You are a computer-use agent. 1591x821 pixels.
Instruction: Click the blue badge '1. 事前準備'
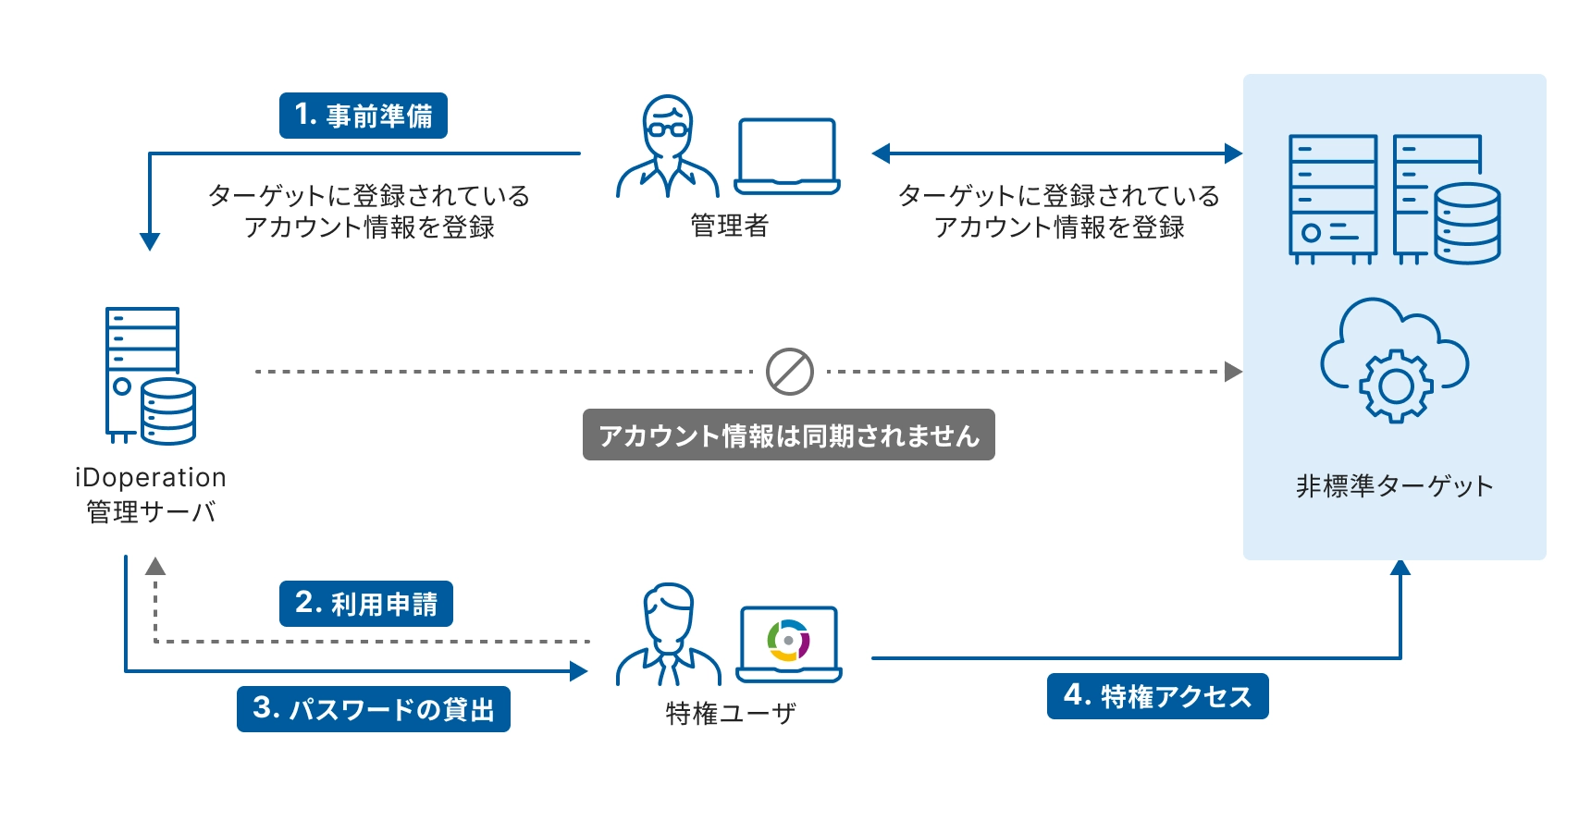coord(363,116)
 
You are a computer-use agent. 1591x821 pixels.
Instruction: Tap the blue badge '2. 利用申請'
coord(365,604)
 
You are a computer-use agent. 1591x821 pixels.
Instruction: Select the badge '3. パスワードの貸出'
coord(373,709)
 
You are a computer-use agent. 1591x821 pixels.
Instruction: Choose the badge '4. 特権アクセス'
coord(1157,696)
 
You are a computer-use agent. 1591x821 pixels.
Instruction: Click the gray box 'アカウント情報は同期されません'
coord(788,435)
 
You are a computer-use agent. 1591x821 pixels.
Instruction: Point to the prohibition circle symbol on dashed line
coord(789,372)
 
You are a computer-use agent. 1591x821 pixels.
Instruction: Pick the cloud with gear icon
coord(1394,361)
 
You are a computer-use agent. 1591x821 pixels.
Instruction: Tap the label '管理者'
coord(729,225)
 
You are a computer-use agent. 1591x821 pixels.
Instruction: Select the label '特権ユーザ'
coord(730,713)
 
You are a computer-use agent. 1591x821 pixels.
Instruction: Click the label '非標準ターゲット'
coord(1394,485)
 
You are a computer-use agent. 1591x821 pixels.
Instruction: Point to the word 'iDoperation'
coord(150,477)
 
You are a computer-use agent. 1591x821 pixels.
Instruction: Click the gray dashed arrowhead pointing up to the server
coord(155,566)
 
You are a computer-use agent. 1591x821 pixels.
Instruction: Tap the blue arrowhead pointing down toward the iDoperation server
coord(150,241)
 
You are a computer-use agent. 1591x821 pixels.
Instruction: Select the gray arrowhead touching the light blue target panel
coord(1233,372)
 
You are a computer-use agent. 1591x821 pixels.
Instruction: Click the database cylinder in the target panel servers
coord(1467,224)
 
